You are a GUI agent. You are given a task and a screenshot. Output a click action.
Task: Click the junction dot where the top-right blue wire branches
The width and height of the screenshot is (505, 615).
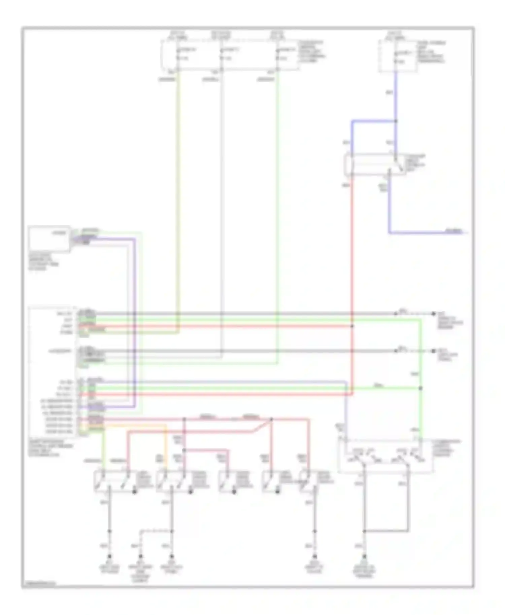396,121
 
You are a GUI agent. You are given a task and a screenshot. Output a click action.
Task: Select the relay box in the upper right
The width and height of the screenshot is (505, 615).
374,165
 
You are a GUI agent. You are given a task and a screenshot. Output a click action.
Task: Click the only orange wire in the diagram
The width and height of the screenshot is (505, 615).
166,444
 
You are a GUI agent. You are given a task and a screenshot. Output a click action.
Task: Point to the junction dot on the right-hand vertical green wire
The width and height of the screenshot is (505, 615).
420,388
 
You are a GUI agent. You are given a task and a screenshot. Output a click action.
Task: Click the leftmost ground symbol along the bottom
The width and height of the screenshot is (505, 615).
109,556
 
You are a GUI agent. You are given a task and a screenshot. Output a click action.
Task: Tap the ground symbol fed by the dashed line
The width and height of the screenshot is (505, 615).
141,556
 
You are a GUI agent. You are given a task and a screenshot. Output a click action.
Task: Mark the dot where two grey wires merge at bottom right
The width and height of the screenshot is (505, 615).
364,531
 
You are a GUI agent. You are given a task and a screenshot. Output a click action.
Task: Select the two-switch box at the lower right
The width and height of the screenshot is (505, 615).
385,457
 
